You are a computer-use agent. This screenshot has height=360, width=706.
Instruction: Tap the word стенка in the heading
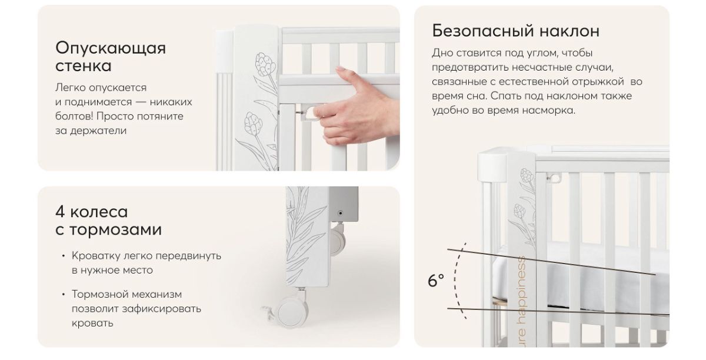pyautogui.click(x=83, y=66)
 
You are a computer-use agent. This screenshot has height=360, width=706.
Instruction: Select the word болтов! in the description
pyautogui.click(x=74, y=116)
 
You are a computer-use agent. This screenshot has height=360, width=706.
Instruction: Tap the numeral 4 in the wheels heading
pyautogui.click(x=61, y=212)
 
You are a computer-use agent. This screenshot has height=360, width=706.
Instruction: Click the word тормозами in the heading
pyautogui.click(x=115, y=229)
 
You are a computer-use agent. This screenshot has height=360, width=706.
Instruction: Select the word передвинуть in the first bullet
pyautogui.click(x=188, y=256)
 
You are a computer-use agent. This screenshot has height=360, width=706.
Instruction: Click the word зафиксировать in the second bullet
pyautogui.click(x=161, y=309)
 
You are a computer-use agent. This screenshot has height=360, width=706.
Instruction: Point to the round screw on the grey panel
pyautogui.click(x=340, y=213)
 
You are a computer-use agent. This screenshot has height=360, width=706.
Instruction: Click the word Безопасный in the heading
pyautogui.click(x=483, y=31)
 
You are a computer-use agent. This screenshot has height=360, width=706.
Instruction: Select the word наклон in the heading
pyautogui.click(x=570, y=31)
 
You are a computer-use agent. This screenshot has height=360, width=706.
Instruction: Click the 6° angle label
pyautogui.click(x=436, y=281)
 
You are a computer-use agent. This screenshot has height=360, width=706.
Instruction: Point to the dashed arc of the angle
pyautogui.click(x=455, y=280)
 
